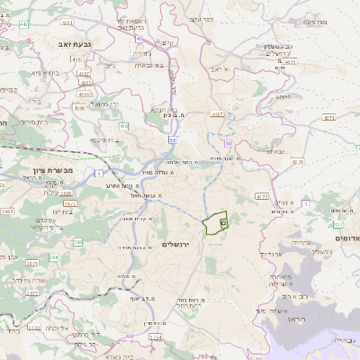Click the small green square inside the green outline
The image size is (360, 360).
pos(223,221)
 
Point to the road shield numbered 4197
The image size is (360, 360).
pos(218,114)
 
